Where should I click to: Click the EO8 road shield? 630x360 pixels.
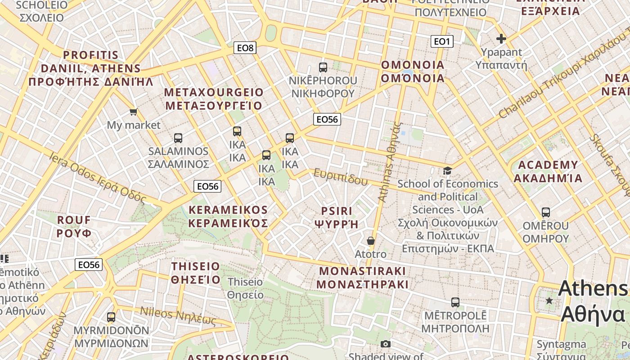coord(245,48)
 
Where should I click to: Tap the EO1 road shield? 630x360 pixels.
coord(442,42)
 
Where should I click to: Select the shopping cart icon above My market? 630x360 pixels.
coord(133,112)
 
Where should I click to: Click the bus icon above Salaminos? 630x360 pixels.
coord(178,138)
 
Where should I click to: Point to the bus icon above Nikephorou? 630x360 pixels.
coord(323,67)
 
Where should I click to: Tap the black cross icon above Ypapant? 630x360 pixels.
coord(501,39)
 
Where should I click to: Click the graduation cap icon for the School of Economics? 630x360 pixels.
coord(447,171)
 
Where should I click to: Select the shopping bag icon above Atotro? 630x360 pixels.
coord(370,241)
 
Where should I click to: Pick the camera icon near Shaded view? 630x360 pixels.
coord(386,344)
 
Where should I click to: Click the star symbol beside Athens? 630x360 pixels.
coord(549,301)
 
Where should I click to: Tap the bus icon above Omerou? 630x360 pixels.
coord(546,212)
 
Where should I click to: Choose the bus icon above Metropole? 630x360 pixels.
coord(455,302)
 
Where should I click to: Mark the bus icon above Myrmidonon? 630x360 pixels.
coord(111,317)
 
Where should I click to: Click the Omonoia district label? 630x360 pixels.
coord(413,72)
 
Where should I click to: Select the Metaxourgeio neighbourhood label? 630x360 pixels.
coord(214,99)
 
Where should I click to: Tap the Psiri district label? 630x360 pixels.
coord(337,217)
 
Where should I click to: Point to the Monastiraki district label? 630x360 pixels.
coord(362,278)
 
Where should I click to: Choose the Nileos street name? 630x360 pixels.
coord(178,315)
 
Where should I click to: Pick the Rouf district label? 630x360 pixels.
coord(74,226)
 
